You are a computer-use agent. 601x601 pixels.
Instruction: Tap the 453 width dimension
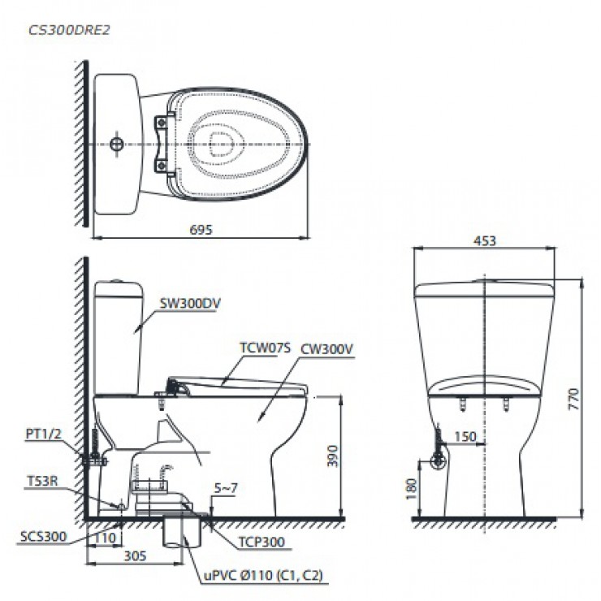(485, 240)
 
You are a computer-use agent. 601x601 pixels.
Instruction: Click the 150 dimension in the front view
(465, 438)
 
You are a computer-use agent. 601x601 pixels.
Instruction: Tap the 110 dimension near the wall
(103, 538)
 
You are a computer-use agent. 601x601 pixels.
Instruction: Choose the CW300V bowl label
(326, 349)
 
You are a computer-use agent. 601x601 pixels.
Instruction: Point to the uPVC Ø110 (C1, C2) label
(262, 577)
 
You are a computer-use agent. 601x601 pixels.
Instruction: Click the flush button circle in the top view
(118, 145)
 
